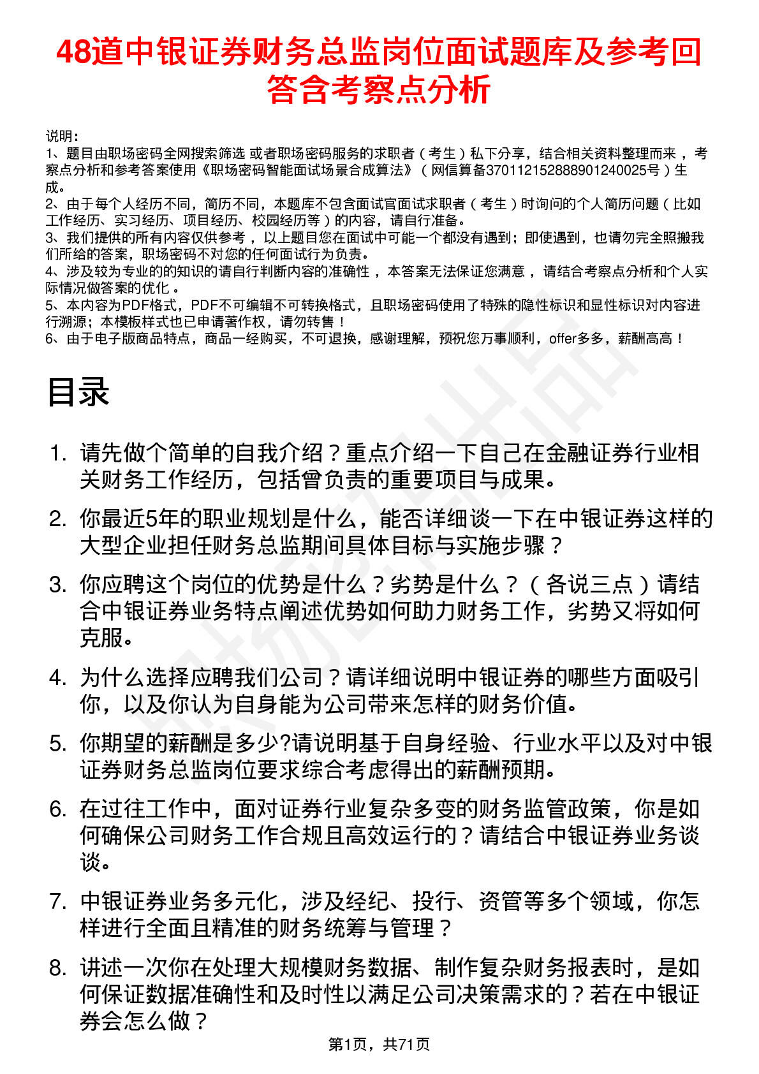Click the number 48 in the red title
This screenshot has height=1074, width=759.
tap(73, 52)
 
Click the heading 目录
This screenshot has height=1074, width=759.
tap(78, 392)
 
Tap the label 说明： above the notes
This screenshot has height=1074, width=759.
tap(63, 136)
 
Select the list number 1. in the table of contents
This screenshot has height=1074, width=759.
tap(58, 453)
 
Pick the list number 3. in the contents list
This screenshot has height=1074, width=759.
tap(58, 584)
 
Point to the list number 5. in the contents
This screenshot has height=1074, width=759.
tap(58, 743)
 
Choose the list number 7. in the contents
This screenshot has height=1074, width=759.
tap(58, 901)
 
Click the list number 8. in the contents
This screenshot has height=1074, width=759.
tap(58, 968)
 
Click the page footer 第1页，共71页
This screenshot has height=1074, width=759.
tap(379, 1044)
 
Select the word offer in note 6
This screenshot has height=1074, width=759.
tap(562, 339)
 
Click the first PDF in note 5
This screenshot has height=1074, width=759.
tap(134, 305)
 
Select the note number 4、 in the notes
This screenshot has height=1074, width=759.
tap(54, 272)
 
